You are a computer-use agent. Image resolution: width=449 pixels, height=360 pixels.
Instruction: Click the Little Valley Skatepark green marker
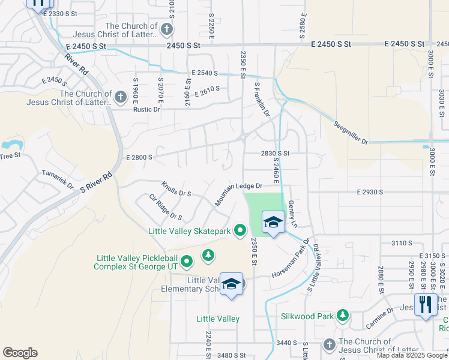240,230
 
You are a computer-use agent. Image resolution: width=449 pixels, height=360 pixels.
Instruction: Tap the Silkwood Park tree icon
342,315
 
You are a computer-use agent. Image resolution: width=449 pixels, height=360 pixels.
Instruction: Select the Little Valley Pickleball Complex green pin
187,262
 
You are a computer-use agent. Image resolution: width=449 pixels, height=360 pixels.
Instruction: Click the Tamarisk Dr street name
58,179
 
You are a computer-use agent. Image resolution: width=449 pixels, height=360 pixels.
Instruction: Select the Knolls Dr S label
176,189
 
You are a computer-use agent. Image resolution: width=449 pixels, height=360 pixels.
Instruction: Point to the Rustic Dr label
146,109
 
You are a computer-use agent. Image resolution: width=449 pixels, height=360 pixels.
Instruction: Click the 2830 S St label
276,154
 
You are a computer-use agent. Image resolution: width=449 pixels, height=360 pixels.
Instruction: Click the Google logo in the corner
20,353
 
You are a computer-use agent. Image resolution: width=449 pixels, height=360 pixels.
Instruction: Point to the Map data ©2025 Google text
412,355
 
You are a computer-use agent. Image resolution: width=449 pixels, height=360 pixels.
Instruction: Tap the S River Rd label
96,182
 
